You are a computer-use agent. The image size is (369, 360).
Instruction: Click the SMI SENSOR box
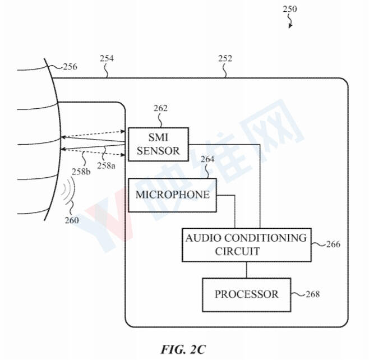[158, 144]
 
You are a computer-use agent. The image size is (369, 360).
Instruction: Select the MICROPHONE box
[172, 195]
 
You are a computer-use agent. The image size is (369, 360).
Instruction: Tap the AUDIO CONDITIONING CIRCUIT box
[247, 244]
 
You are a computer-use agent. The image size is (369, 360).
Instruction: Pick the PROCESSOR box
[247, 295]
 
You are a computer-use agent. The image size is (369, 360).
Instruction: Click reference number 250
[290, 9]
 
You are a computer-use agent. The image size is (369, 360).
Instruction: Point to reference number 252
[225, 58]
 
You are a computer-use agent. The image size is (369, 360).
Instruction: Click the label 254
[107, 58]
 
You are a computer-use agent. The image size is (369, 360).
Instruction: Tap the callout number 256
[70, 67]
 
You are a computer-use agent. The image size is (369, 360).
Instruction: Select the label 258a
[107, 165]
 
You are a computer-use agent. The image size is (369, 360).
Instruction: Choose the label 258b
[81, 172]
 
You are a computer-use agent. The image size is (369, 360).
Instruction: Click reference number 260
[72, 220]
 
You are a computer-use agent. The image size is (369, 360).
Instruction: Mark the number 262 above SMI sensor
[160, 108]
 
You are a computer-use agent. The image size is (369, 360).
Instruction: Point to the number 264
[207, 159]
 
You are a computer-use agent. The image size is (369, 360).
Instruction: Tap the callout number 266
[333, 244]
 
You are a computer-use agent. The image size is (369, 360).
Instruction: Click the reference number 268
[313, 294]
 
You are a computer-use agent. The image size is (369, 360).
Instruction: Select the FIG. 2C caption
[183, 349]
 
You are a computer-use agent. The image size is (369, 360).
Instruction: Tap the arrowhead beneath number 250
[290, 26]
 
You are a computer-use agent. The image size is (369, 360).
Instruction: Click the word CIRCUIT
[237, 251]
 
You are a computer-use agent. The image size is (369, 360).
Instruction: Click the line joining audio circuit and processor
[247, 270]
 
